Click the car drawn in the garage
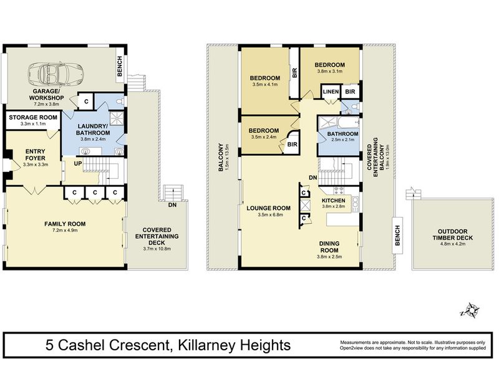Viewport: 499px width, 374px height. pos(56,74)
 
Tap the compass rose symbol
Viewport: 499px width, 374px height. pos(471,310)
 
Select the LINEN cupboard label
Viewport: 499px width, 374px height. pos(331,92)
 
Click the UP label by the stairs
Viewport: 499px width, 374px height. pos(78,163)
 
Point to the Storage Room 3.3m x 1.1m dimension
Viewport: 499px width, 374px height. pos(33,123)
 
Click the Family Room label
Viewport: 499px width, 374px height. pos(65,224)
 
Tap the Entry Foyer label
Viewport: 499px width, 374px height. pos(36,155)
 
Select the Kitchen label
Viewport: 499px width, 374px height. pos(334,201)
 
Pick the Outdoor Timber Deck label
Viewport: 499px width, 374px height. pos(453,235)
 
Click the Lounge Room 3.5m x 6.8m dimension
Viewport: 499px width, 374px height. pos(268,214)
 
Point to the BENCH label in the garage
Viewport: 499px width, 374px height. pos(120,66)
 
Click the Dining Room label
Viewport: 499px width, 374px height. pos(329,247)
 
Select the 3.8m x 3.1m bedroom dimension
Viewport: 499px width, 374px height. pos(330,71)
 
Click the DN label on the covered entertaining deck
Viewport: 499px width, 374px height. pos(172,205)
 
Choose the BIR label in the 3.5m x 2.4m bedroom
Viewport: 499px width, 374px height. pos(292,145)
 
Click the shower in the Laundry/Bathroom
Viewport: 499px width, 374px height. pos(117,118)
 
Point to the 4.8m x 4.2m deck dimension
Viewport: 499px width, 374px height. pos(453,244)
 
